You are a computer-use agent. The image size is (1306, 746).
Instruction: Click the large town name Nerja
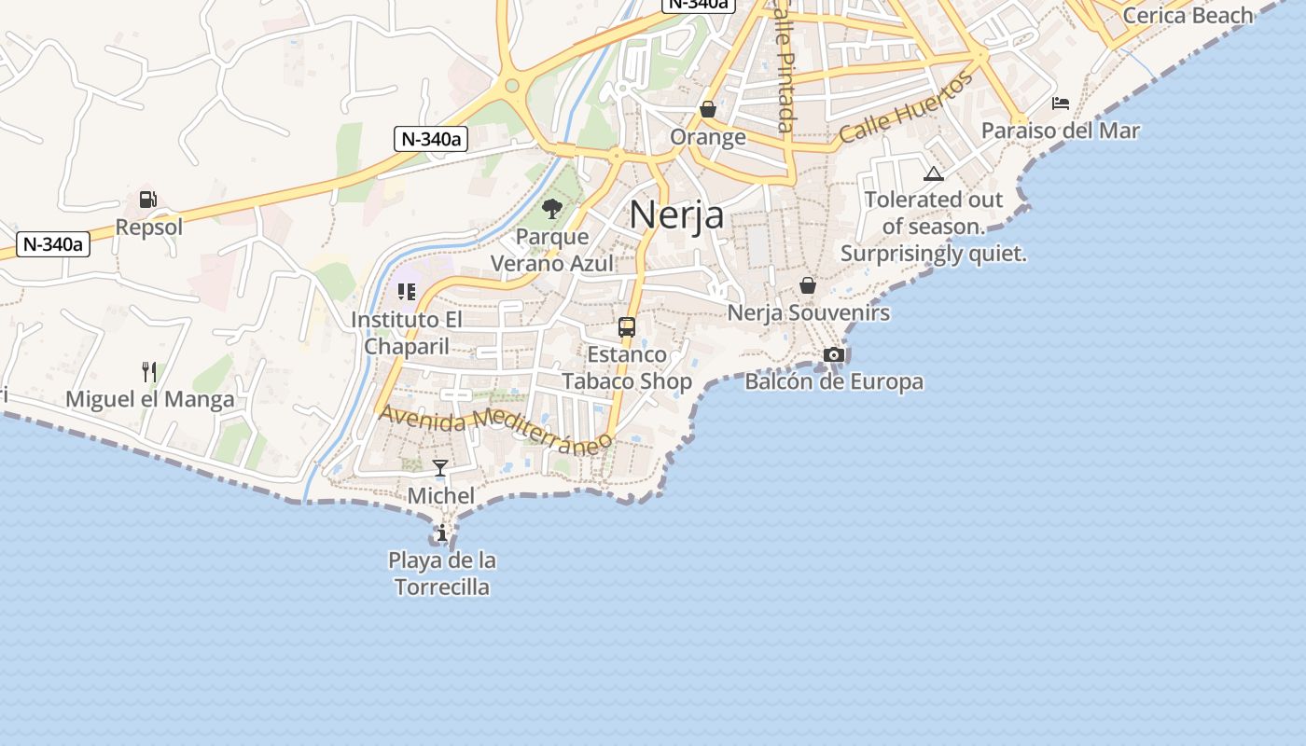pyautogui.click(x=676, y=214)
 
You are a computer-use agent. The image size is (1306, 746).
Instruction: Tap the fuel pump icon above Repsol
pyautogui.click(x=148, y=199)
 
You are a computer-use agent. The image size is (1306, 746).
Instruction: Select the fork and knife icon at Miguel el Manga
pyautogui.click(x=149, y=372)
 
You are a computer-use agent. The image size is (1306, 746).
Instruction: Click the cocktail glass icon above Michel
pyautogui.click(x=440, y=468)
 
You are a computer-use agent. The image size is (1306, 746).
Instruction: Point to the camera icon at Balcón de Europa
pyautogui.click(x=834, y=354)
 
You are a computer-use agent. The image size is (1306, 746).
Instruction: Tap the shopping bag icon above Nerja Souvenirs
pyautogui.click(x=808, y=285)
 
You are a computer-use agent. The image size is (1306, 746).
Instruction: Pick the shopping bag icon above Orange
pyautogui.click(x=708, y=110)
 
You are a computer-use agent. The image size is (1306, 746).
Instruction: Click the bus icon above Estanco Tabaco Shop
pyautogui.click(x=627, y=327)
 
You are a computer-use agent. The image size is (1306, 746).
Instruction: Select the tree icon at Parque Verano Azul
pyautogui.click(x=551, y=209)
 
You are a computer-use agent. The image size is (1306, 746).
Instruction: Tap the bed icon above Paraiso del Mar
pyautogui.click(x=1061, y=104)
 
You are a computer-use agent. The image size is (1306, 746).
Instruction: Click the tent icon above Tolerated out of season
pyautogui.click(x=934, y=173)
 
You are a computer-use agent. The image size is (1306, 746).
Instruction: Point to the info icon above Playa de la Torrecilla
pyautogui.click(x=441, y=533)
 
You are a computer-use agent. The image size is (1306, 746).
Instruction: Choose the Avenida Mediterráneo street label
pyautogui.click(x=495, y=428)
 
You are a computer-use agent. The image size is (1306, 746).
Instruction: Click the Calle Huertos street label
pyautogui.click(x=906, y=108)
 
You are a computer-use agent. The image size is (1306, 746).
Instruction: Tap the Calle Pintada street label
pyautogui.click(x=786, y=65)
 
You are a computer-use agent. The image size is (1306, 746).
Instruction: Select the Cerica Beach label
pyautogui.click(x=1188, y=16)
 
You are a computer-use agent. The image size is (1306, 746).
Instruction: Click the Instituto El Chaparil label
pyautogui.click(x=407, y=333)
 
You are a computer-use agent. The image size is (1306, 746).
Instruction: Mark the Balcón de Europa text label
pyautogui.click(x=834, y=381)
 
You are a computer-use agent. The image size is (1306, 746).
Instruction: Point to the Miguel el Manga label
pyautogui.click(x=150, y=400)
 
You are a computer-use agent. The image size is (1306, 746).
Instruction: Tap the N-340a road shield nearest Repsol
pyautogui.click(x=53, y=245)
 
